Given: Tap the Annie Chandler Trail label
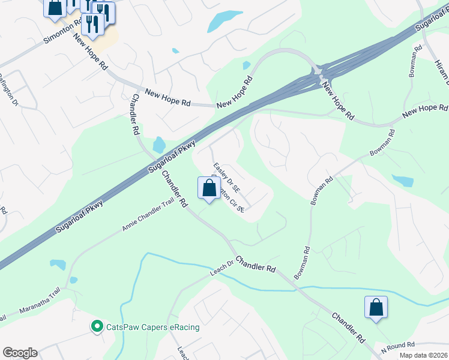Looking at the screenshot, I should [148, 218].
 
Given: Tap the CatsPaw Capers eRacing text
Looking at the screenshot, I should [152, 327].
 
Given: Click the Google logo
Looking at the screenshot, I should [20, 353].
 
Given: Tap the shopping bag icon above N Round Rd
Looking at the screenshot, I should [376, 307].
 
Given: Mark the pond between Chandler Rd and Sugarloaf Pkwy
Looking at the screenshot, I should [159, 145].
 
